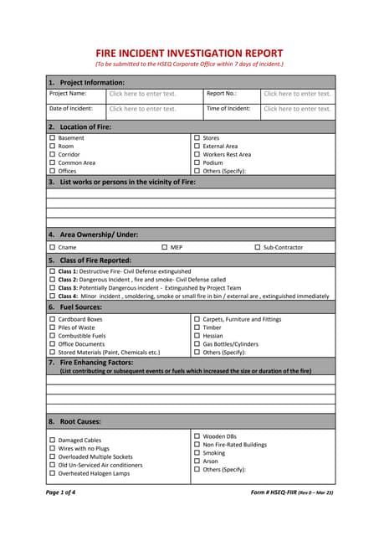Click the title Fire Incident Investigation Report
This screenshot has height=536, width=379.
coord(189,52)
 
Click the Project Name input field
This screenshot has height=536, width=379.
coord(142,94)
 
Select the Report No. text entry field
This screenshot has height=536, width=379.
coord(297,94)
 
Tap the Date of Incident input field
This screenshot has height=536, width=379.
coord(142,109)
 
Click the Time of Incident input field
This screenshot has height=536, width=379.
coord(297,109)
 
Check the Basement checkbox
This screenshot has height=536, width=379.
coord(52,138)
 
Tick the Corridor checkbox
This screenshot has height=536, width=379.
coord(52,154)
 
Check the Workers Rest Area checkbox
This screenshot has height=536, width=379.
coord(197,154)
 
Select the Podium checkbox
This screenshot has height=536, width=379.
coord(197,162)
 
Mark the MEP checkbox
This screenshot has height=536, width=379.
coord(165,247)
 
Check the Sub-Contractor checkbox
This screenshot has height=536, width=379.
coord(258,247)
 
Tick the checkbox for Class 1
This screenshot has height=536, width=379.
coord(52,271)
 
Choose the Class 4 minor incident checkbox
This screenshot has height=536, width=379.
coord(52,296)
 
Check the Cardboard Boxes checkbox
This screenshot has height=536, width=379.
coord(52,319)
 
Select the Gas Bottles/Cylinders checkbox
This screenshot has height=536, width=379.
coord(197,344)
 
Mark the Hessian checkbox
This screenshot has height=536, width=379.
coord(197,336)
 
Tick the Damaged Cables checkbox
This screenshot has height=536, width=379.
coord(52,440)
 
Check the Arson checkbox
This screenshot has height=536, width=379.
coord(197,461)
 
